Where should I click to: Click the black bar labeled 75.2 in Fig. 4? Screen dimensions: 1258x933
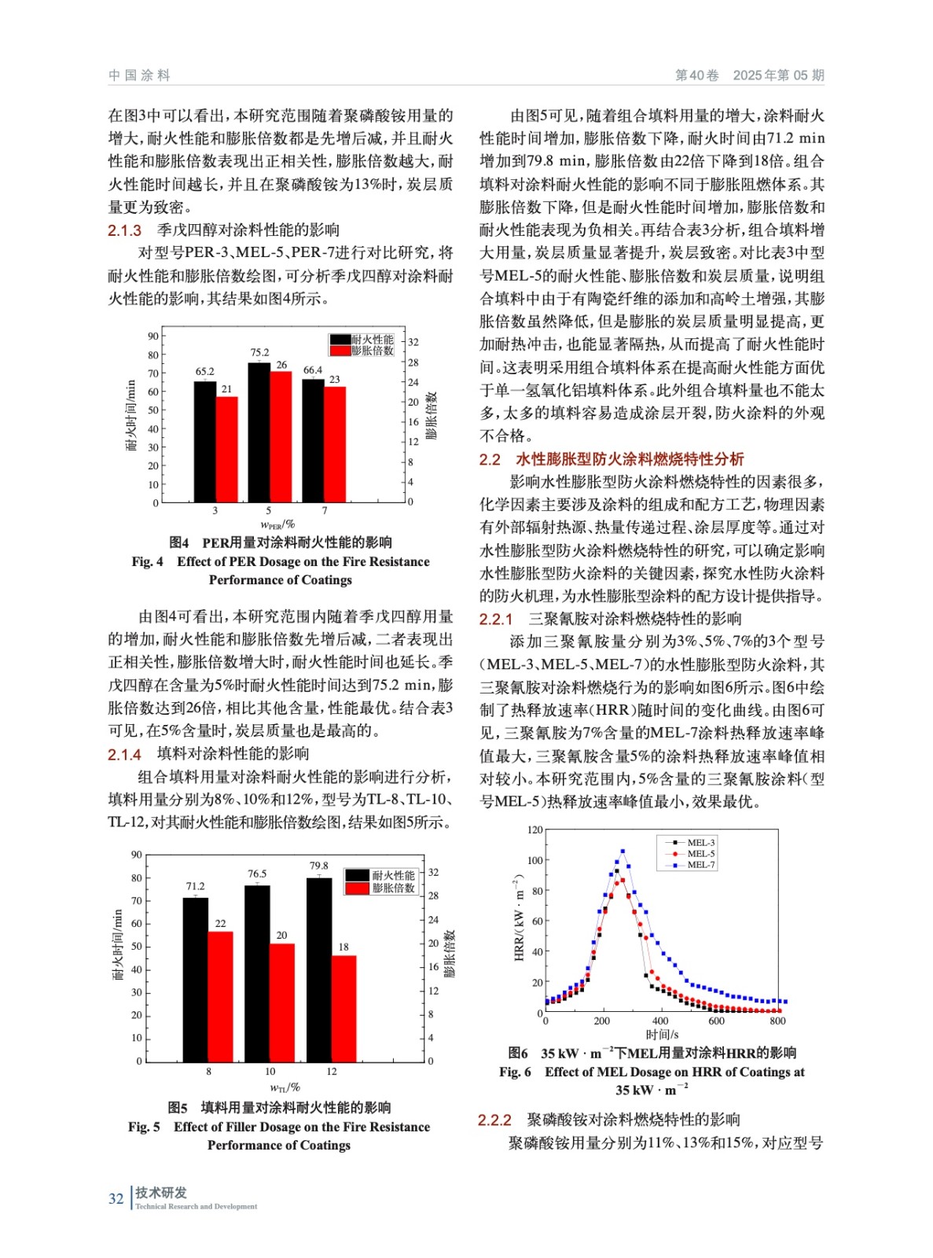pos(259,432)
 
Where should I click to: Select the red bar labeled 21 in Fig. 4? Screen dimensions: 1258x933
pos(226,449)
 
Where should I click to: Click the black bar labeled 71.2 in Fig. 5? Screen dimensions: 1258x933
pos(195,980)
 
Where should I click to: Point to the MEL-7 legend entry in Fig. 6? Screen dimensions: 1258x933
pos(700,865)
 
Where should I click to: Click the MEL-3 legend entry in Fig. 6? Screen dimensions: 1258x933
pos(700,842)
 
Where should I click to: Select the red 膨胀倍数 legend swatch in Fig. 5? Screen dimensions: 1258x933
pos(358,888)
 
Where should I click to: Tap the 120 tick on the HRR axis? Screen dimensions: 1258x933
pos(534,829)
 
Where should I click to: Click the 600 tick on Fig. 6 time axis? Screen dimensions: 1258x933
pos(716,1021)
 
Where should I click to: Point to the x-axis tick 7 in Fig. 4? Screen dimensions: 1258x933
pos(325,510)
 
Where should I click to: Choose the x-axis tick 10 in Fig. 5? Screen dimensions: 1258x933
pos(270,1072)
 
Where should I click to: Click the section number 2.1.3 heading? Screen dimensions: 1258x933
pos(124,230)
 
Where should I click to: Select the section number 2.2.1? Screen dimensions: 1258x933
pos(496,620)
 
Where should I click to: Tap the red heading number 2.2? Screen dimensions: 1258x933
pos(490,459)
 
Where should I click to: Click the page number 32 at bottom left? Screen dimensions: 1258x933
pos(116,1198)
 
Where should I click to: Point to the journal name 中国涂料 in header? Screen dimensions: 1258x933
pos(139,75)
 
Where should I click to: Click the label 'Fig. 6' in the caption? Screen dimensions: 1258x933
pos(515,1072)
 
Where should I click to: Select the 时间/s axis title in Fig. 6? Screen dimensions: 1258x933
pos(662,1035)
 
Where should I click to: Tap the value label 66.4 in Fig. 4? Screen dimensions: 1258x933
pos(313,370)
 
